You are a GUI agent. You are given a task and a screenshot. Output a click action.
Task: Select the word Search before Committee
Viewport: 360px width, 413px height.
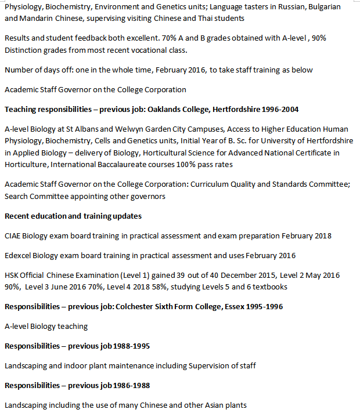[x=19, y=196]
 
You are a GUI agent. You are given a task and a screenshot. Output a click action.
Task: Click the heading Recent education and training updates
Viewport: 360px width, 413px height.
[x=73, y=216]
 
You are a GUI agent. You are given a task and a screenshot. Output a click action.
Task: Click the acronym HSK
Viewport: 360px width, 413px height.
[x=13, y=276]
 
